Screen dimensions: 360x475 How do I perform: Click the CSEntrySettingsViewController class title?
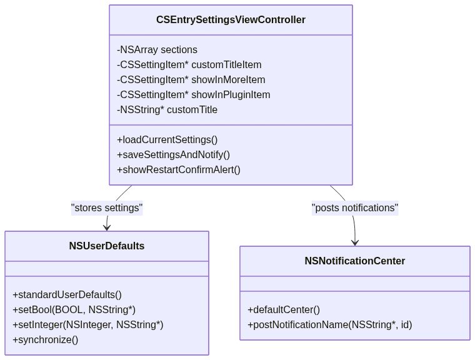[231, 20]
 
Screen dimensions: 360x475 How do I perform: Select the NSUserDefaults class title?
[107, 246]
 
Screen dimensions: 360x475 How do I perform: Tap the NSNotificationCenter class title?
[354, 261]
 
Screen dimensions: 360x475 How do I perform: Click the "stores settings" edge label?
[107, 208]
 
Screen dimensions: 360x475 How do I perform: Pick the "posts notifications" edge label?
[354, 208]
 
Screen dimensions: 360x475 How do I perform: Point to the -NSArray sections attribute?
[157, 50]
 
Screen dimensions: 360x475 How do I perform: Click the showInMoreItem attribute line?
[191, 80]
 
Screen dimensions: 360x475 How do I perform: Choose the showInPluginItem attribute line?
[193, 95]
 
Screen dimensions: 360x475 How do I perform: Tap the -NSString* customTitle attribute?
[167, 110]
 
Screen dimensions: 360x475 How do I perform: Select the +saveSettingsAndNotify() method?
[173, 154]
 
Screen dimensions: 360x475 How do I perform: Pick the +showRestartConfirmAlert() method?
[178, 169]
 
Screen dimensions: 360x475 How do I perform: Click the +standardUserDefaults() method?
[67, 295]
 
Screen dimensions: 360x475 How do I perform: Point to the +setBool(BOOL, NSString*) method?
[74, 310]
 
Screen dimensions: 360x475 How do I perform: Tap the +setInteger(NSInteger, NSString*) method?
[87, 325]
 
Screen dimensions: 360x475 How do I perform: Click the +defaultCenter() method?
[284, 310]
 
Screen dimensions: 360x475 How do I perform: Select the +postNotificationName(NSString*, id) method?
[329, 325]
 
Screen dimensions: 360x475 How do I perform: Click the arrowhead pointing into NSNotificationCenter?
[355, 242]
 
